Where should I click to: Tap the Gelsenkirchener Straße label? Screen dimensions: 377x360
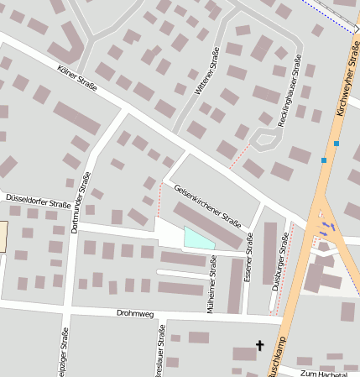pyautogui.click(x=207, y=205)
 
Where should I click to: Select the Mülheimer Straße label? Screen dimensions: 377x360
pyautogui.click(x=214, y=285)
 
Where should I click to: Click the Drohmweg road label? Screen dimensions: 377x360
pyautogui.click(x=135, y=314)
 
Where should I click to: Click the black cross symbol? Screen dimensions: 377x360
pyautogui.click(x=259, y=345)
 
